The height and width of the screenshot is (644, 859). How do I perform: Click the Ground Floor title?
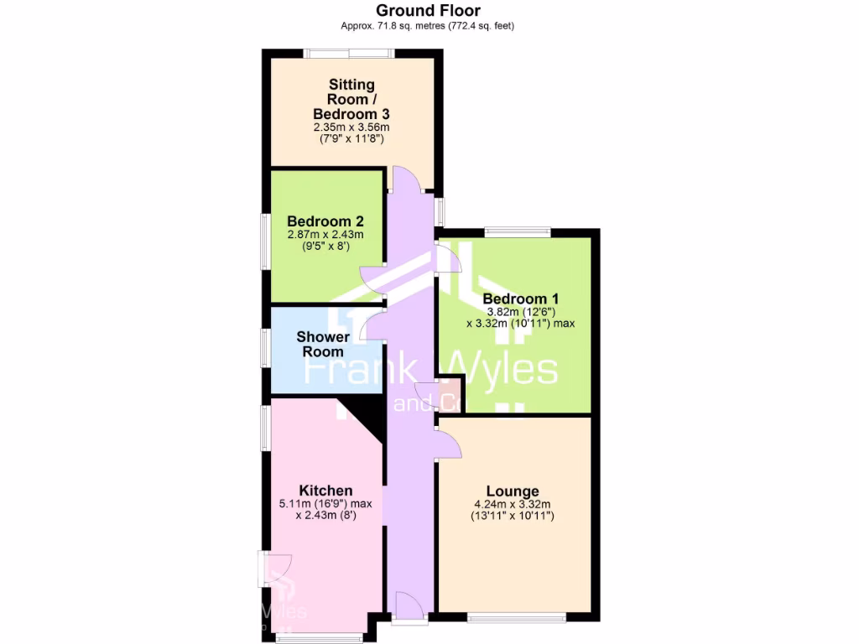coord(428,11)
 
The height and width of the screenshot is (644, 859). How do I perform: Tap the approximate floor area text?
coord(428,26)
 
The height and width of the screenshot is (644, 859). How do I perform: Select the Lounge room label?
coord(513,491)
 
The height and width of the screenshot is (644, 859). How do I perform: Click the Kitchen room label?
coord(325,491)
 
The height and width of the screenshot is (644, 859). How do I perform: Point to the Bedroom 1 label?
coord(520,299)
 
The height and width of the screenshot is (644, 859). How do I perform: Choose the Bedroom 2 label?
coord(325,221)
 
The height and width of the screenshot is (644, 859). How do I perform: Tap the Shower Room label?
coord(323,345)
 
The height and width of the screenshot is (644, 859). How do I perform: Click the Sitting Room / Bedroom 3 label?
coord(351,99)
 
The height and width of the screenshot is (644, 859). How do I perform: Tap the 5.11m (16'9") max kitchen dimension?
coord(325,504)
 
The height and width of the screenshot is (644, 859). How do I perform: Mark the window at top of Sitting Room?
coord(349,54)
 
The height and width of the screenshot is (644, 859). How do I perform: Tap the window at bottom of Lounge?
coord(517,619)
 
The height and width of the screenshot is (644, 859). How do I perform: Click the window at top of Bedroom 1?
coord(517,232)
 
